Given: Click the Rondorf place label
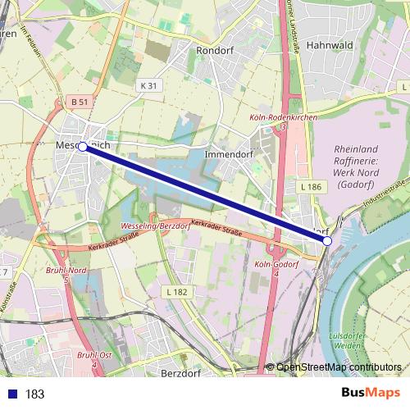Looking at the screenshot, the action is coord(216,49).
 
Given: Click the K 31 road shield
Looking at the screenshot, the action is coord(148,85).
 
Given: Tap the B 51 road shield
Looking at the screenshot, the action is coord(79,102).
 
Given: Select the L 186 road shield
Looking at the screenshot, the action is coord(311,187).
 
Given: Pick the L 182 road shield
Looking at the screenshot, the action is coord(175,291).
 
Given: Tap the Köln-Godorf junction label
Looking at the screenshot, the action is coord(276,265).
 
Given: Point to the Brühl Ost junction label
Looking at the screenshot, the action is coord(94,354).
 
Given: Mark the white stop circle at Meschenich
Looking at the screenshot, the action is coord(82,146).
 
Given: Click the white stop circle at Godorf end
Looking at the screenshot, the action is coord(327,241).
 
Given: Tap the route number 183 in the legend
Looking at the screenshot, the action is coord(35,394).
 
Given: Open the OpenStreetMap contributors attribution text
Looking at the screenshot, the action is coord(339,367).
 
